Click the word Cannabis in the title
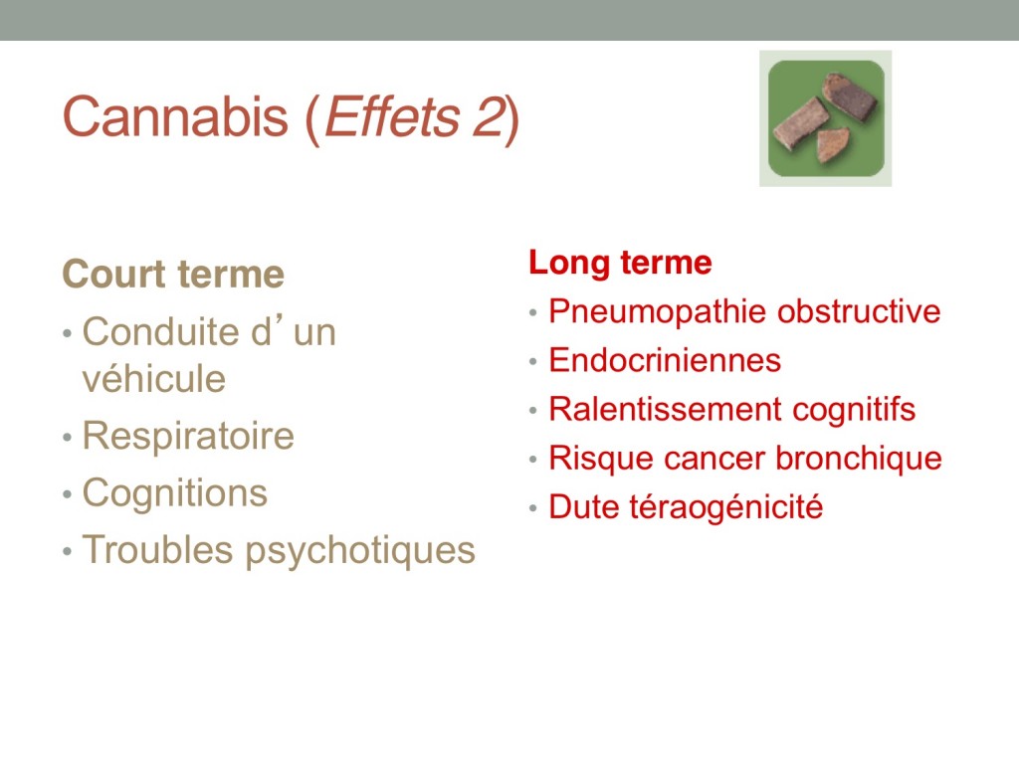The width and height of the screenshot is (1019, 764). (x=175, y=116)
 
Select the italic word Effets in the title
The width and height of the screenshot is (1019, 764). (x=391, y=116)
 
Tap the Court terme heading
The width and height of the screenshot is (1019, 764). (x=173, y=274)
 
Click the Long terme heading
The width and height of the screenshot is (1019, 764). (x=620, y=263)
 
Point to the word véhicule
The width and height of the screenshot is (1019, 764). (x=154, y=379)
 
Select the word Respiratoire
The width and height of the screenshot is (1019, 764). (x=188, y=436)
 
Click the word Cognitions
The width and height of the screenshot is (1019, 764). (x=175, y=493)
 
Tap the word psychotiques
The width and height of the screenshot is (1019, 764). (x=360, y=551)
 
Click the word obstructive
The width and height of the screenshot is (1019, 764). (x=859, y=311)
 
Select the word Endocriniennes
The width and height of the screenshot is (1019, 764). (x=665, y=360)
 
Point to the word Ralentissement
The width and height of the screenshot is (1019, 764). (x=666, y=409)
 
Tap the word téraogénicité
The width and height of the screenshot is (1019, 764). (x=726, y=507)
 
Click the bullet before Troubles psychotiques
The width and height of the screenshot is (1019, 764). (x=67, y=552)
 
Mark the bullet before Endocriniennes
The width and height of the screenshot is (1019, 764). (x=533, y=361)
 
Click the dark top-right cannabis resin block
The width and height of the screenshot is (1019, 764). (x=850, y=97)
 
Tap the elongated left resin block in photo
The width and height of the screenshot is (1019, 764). (x=800, y=124)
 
